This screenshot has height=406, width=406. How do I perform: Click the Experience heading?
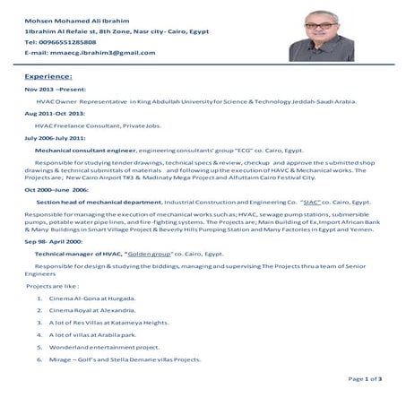click(48, 78)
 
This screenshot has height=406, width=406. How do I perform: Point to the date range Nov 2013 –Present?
click(57, 91)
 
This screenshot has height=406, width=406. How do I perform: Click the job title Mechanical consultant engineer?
click(85, 151)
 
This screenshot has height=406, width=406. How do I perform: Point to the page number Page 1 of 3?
click(364, 379)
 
